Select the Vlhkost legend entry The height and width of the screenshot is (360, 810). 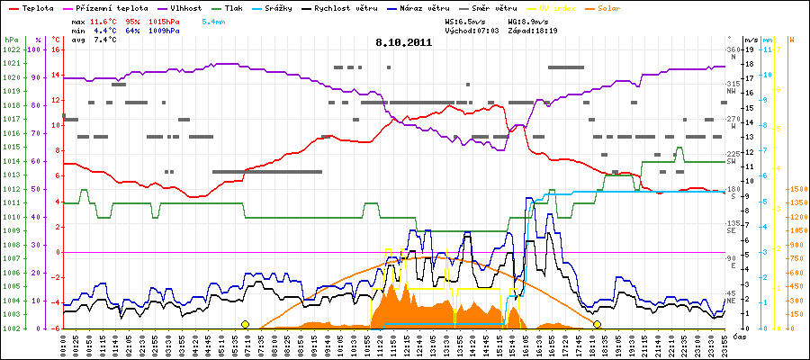185,7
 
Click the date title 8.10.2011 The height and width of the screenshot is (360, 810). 404,41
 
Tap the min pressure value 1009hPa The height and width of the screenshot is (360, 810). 166,30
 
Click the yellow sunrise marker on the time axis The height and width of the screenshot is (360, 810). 245,324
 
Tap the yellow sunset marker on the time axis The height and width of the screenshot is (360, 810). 597,324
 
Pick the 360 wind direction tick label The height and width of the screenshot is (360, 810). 732,49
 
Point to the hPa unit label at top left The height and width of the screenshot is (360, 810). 11,40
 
